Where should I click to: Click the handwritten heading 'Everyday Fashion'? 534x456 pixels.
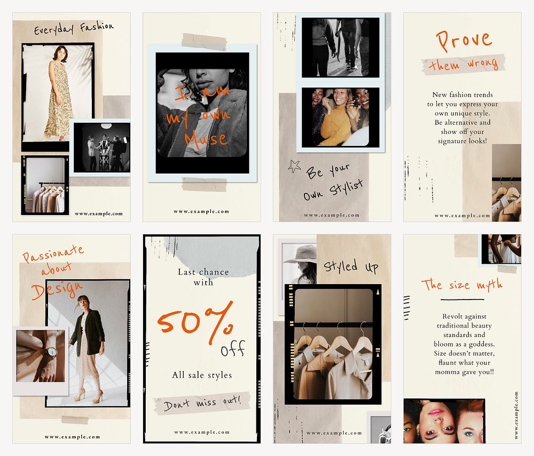tap(74, 27)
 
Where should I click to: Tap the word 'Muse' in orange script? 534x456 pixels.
tap(206, 138)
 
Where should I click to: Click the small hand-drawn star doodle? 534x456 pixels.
tap(294, 166)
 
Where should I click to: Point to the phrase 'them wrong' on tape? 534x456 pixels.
tap(463, 65)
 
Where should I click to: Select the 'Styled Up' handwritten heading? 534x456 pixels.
tap(351, 266)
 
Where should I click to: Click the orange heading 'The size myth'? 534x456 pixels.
tap(462, 284)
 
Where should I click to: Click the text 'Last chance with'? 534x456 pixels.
tap(203, 277)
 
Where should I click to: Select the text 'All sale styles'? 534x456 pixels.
tap(202, 375)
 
